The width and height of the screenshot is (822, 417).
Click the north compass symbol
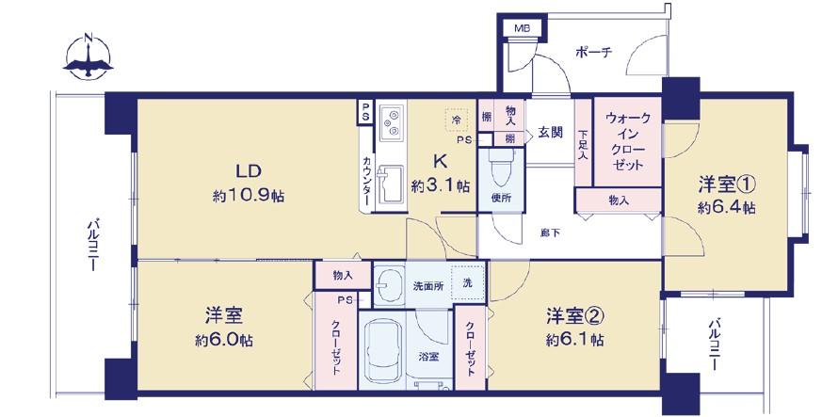point(89,57)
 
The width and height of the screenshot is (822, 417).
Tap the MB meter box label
point(522,28)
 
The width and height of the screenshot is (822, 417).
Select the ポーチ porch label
point(593,53)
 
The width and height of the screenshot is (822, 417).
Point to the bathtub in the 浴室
point(384,351)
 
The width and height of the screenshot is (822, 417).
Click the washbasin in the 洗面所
point(390,285)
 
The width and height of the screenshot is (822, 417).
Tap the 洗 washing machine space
point(468,283)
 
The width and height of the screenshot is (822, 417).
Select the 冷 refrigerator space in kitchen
point(457,120)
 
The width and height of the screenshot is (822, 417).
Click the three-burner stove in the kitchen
point(392,123)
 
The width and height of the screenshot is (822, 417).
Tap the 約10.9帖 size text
point(249,196)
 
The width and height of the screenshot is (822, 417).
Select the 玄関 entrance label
point(551,133)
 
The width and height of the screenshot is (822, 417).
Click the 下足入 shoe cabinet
point(583,142)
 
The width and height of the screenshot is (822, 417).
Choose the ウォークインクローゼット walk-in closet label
point(627,142)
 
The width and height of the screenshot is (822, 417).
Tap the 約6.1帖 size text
point(574,340)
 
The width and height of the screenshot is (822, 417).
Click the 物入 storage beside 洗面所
point(343,275)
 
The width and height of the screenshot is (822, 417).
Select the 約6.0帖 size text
point(224,340)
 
